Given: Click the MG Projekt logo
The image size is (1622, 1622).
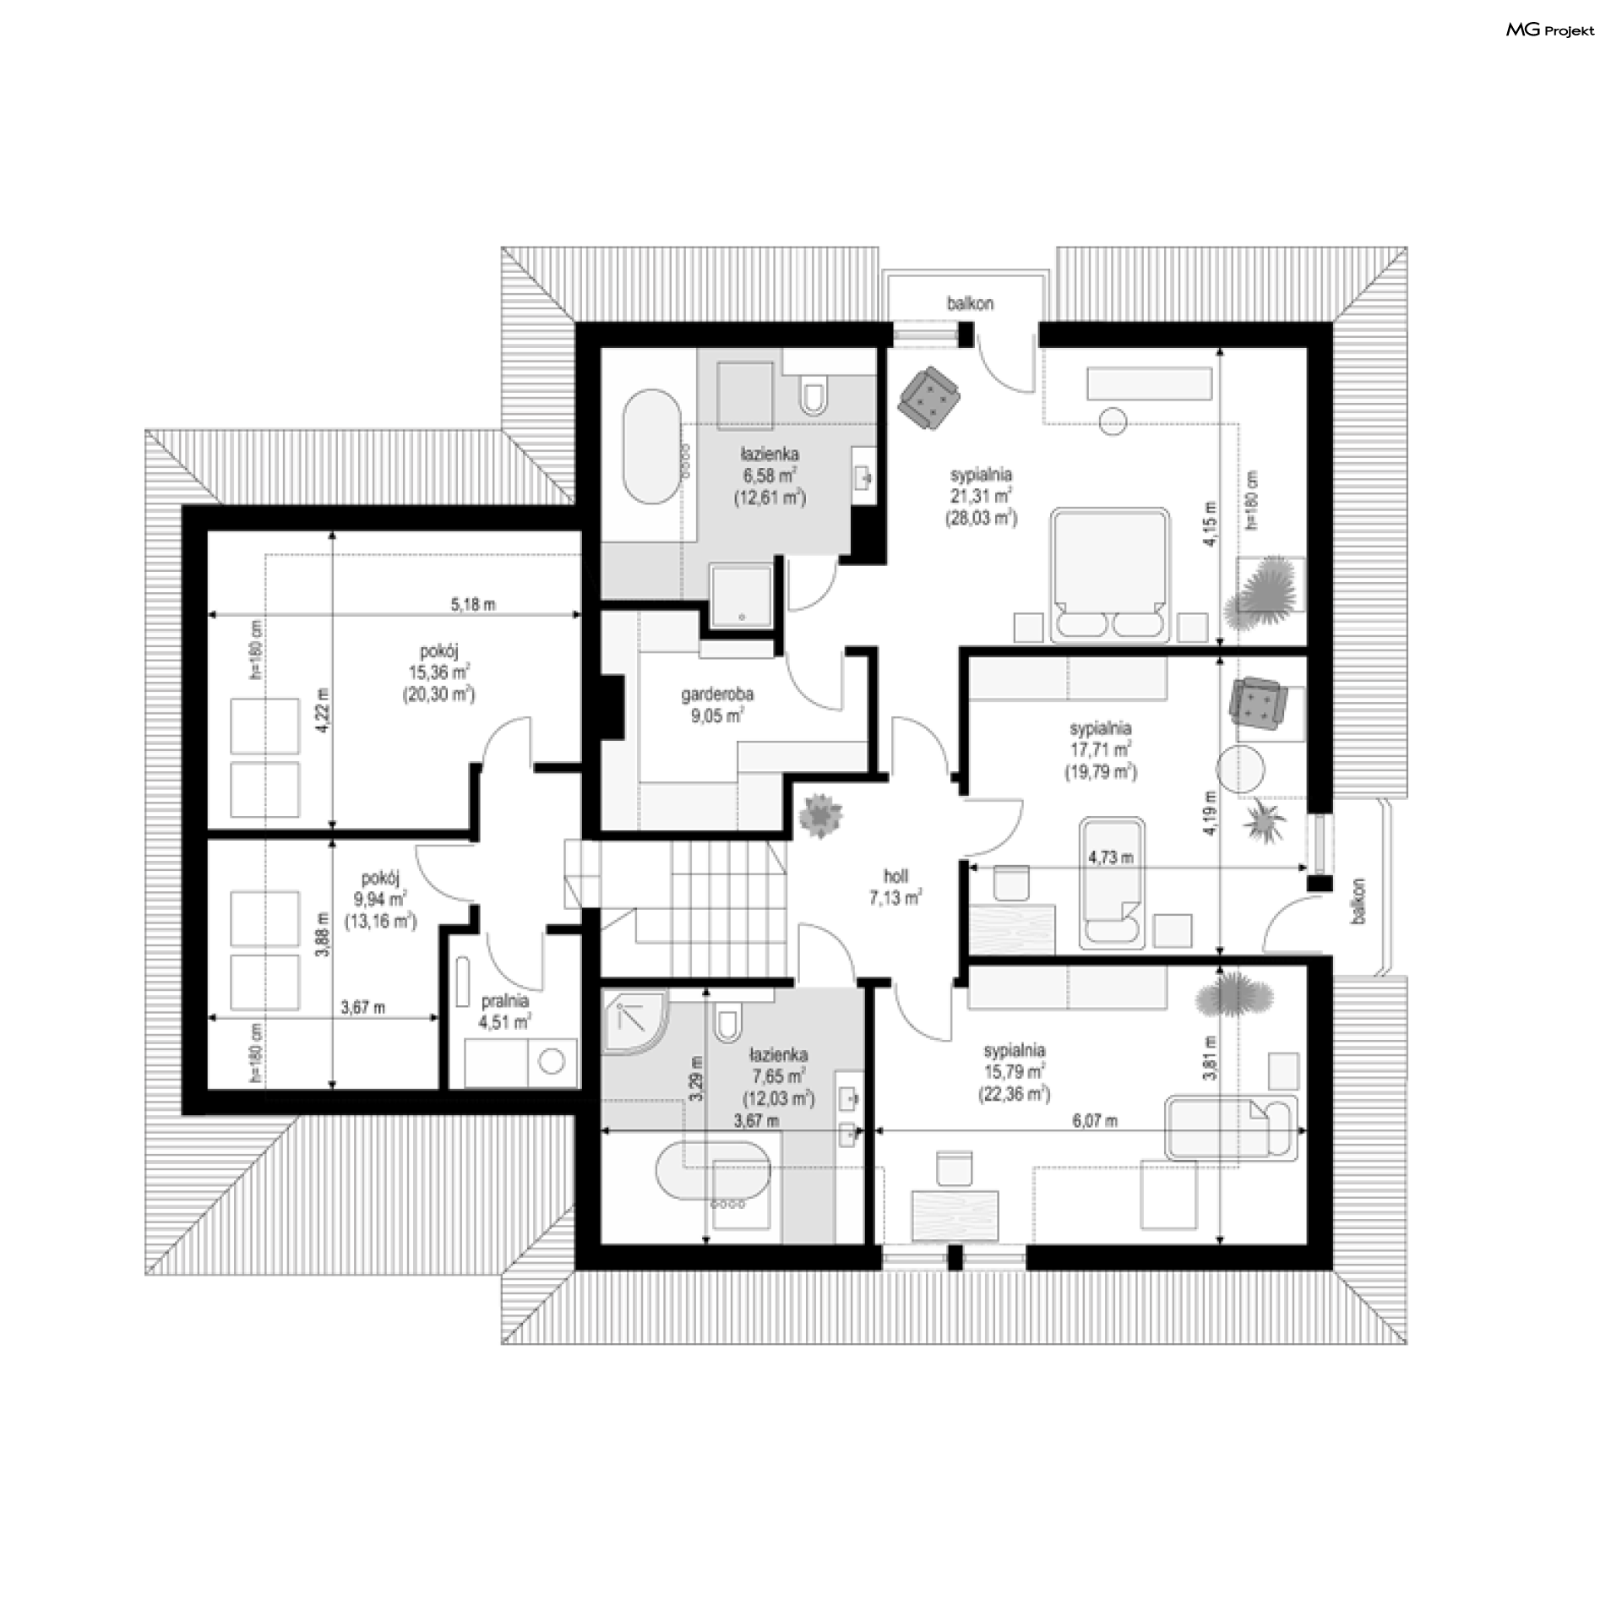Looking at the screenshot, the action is coord(1550,30).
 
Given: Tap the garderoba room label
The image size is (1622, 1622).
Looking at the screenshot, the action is coord(717,694).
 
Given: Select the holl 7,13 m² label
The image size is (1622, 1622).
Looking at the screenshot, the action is coord(895,888).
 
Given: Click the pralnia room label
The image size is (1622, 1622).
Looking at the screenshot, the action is coord(505,1001).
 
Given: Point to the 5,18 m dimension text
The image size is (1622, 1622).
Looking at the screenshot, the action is coord(473,604).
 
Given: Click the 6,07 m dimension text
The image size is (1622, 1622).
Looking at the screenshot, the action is coord(1095,1121).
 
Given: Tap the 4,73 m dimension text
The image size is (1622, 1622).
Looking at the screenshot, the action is coord(1111,857).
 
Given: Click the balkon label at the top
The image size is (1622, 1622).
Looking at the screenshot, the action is coord(970,303).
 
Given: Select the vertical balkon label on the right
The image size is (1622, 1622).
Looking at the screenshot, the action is coord(1358,901).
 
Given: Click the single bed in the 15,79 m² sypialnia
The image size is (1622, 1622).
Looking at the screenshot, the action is coord(1229,1127).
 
